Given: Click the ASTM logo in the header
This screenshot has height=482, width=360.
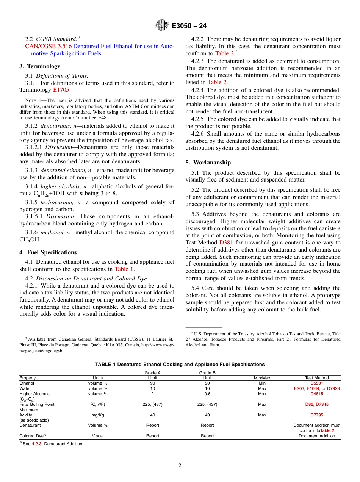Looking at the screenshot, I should tap(162, 26).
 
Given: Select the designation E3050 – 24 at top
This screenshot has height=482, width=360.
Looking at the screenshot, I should tap(189, 26).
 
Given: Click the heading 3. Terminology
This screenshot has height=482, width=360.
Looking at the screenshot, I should tap(40, 66).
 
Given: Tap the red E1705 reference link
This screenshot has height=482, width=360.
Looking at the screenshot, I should tap(61, 90).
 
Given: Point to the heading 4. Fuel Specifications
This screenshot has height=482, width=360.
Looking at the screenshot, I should tap(48, 252).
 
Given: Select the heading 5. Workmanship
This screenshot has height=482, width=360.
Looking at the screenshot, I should tap(208, 163).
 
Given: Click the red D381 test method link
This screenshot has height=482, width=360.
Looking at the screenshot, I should tap(226, 243).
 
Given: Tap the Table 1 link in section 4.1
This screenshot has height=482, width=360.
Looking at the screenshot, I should tap(124, 269).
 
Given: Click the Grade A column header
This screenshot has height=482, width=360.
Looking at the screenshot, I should tap(153, 373).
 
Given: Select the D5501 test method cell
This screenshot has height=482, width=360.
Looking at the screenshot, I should tap(317, 383).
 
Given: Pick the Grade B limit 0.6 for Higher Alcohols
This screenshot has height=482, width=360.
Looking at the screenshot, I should tap(207, 394).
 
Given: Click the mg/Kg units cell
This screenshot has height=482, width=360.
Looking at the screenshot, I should tap(98, 415).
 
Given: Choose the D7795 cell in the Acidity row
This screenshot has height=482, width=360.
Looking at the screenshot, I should tap(317, 415).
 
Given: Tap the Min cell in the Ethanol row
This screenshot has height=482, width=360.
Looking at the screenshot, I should tap(262, 383).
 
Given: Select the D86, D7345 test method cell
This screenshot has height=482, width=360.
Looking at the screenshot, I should tap(317, 404).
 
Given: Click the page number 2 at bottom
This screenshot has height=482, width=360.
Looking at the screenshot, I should tap(180, 466).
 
